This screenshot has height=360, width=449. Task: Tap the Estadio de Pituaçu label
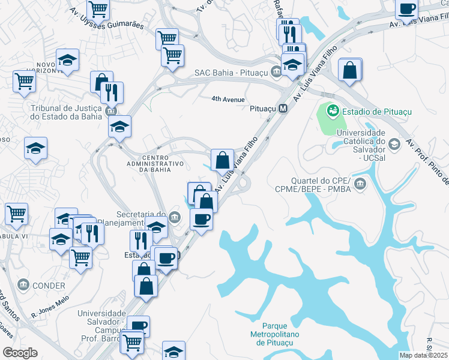click(x=367, y=110)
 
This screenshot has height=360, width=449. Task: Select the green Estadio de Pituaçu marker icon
click(x=332, y=110)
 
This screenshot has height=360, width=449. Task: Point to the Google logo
click(x=20, y=352)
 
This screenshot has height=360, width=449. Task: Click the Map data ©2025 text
click(x=424, y=355)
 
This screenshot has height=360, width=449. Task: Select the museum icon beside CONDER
click(x=23, y=284)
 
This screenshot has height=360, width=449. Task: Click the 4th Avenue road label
click(x=228, y=99)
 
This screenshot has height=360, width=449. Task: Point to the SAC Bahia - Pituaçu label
click(x=231, y=73)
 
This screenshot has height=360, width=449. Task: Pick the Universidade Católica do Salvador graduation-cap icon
click(x=394, y=143)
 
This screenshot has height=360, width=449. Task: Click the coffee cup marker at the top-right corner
click(x=406, y=8)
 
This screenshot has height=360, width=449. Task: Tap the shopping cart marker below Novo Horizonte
click(x=23, y=80)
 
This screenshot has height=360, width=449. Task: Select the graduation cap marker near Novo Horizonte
click(x=68, y=60)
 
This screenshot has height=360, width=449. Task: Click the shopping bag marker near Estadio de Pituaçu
click(x=349, y=70)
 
